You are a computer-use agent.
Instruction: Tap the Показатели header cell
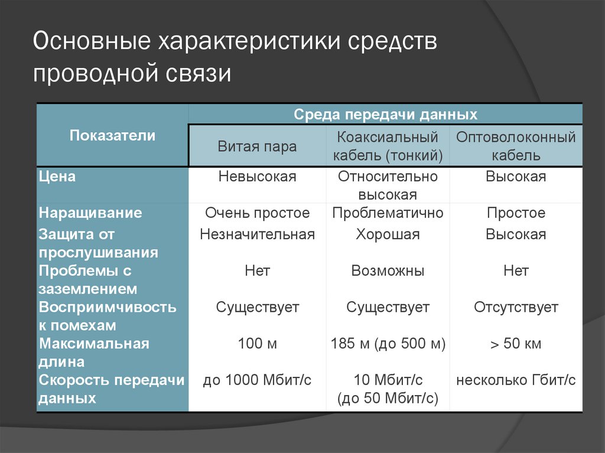pos(112,135)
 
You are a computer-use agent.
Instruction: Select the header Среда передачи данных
pos(385,114)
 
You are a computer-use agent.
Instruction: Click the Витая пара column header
pos(257,146)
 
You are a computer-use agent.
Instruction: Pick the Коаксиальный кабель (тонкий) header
pos(388,146)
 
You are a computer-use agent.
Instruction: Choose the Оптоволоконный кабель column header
pos(516,146)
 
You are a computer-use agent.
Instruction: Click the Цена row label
pos(57,176)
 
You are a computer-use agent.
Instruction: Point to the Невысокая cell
pos(257,176)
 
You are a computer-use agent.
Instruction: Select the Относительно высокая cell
pos(388,185)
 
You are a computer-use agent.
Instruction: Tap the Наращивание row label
pos(90,213)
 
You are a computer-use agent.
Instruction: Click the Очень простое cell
pos(257,213)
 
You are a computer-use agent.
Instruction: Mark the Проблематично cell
pos(388,213)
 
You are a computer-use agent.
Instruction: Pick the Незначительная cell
pos(257,234)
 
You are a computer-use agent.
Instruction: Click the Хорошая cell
pos(388,234)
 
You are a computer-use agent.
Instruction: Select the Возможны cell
pos(388,271)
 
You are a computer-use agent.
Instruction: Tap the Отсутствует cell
pos(516,307)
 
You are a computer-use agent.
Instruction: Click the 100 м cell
pos(257,343)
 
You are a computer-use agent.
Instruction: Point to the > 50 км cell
pos(516,343)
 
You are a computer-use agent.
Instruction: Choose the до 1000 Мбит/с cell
pos(257,380)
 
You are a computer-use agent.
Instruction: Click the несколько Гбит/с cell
pos(516,380)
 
